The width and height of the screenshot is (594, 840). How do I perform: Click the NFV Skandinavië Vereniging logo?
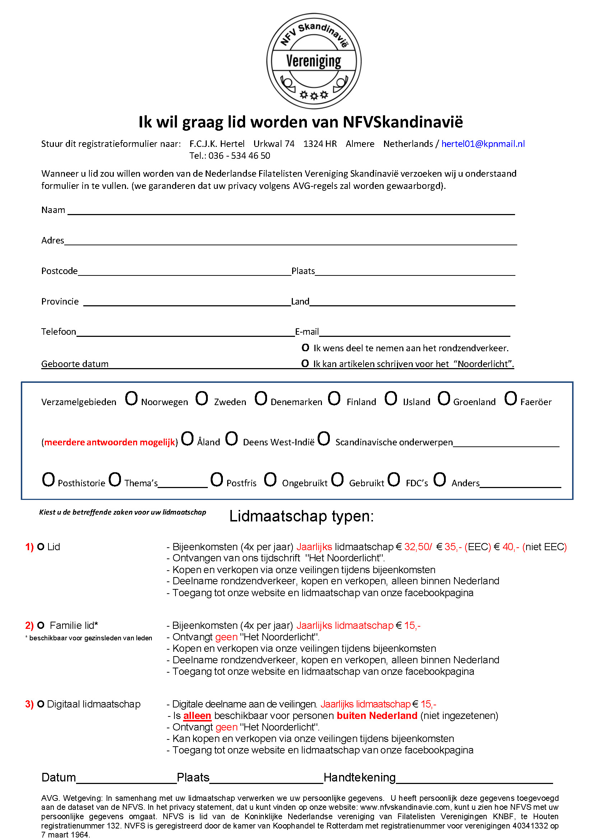click(314, 61)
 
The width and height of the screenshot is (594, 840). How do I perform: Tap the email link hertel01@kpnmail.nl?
click(483, 144)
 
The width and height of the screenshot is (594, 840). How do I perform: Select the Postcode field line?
click(184, 273)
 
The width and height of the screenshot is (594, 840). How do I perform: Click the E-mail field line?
click(414, 333)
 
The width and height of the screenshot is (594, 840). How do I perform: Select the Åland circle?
click(187, 438)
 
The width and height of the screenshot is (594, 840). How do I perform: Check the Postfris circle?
click(216, 479)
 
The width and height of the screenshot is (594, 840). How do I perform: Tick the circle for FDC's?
click(394, 479)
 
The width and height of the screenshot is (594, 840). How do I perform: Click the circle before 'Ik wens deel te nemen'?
click(305, 348)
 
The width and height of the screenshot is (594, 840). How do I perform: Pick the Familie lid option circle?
click(41, 626)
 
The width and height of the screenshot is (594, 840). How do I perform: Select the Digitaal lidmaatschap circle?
click(41, 704)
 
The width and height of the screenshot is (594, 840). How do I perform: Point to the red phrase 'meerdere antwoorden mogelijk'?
click(110, 442)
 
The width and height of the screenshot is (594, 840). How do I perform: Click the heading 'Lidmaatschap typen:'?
click(301, 516)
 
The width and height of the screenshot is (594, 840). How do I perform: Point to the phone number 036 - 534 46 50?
click(239, 156)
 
